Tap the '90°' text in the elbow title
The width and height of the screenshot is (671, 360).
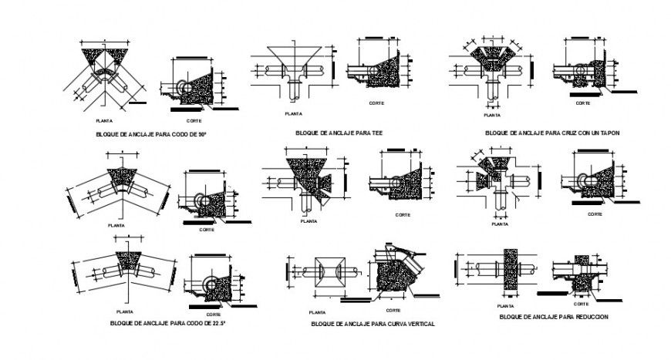203,134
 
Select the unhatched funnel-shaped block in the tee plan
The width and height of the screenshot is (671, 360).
297,58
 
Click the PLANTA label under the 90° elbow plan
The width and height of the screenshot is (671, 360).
103,121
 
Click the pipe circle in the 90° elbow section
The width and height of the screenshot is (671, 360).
183,88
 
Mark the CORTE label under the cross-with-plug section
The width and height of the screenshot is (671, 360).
583,102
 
